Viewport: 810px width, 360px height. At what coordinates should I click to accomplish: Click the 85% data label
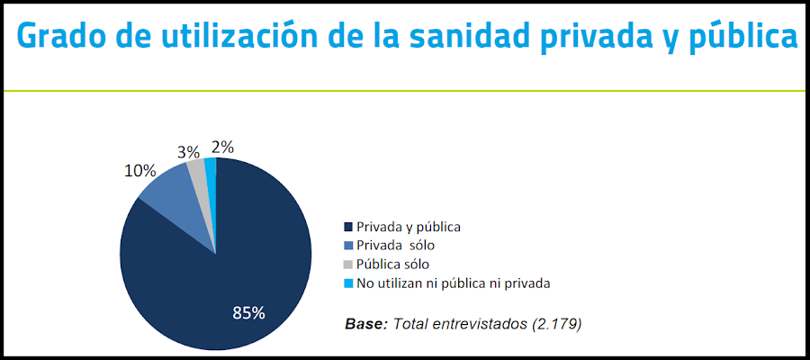click(248, 313)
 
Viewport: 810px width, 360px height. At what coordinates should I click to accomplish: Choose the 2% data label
click(221, 147)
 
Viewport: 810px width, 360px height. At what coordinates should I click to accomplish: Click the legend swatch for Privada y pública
click(348, 228)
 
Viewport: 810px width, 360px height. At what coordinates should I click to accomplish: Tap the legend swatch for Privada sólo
click(348, 246)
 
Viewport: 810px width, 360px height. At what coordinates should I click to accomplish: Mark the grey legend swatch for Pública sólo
click(348, 265)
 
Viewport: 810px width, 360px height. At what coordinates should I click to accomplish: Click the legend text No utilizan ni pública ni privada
click(453, 283)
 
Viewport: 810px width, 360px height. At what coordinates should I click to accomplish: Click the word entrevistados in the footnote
click(476, 323)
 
